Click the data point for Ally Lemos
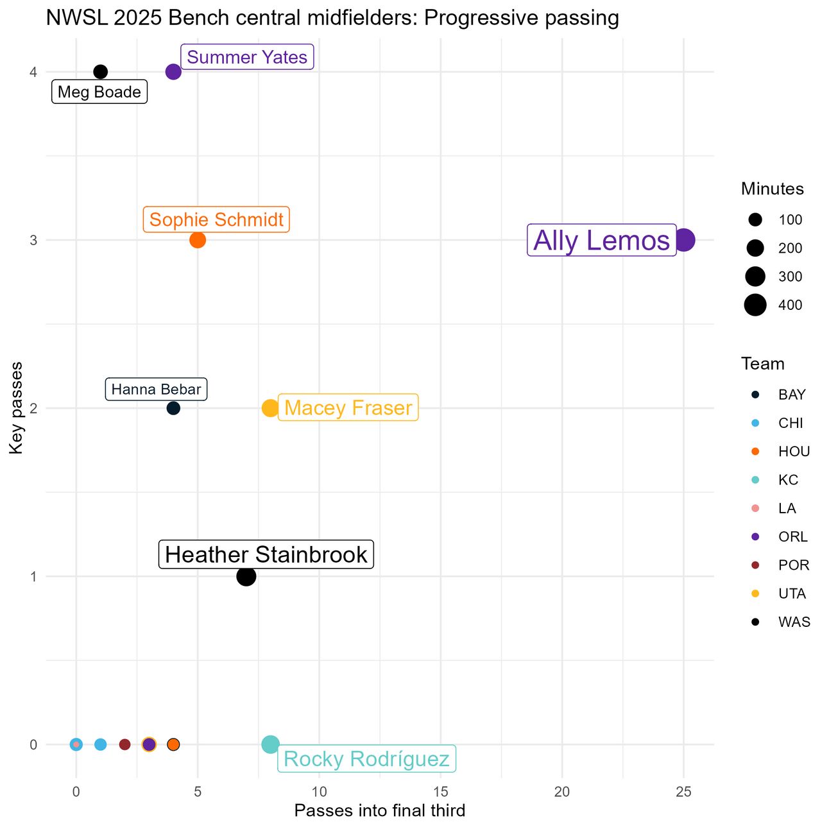click(x=683, y=240)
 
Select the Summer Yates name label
click(x=247, y=57)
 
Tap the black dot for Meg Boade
click(x=100, y=72)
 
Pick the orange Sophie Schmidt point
click(x=198, y=240)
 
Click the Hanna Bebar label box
click(x=156, y=389)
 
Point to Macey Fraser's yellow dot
click(x=270, y=408)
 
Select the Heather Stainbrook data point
click(x=246, y=576)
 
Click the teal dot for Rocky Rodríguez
click(x=270, y=744)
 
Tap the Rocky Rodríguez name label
click(x=366, y=759)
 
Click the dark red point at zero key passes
click(x=124, y=744)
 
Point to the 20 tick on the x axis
click(x=562, y=792)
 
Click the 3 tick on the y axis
click(x=33, y=240)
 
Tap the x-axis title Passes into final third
click(x=379, y=811)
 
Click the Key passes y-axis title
click(x=17, y=408)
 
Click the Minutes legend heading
click(x=772, y=189)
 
